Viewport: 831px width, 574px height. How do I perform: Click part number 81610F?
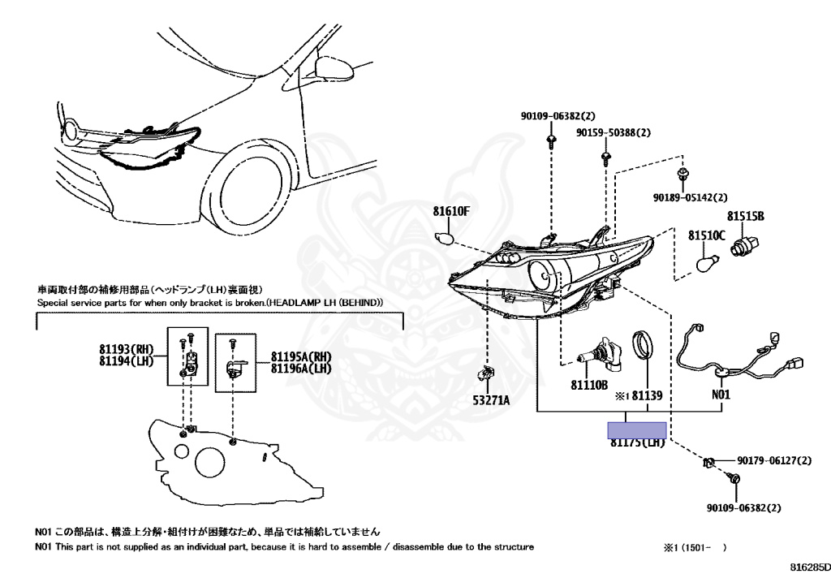pyautogui.click(x=451, y=211)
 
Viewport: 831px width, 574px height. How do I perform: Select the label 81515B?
pyautogui.click(x=746, y=216)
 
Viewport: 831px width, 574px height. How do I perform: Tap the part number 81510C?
pyautogui.click(x=707, y=235)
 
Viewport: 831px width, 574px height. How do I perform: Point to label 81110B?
pyautogui.click(x=588, y=385)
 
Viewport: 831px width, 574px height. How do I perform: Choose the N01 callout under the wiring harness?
pyautogui.click(x=721, y=395)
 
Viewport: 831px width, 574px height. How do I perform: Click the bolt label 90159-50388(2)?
pyautogui.click(x=614, y=132)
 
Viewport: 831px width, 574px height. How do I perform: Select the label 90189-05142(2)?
pyautogui.click(x=690, y=196)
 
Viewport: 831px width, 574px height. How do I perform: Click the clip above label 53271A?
pyautogui.click(x=485, y=373)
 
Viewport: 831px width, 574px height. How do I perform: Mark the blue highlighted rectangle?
pyautogui.click(x=637, y=429)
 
